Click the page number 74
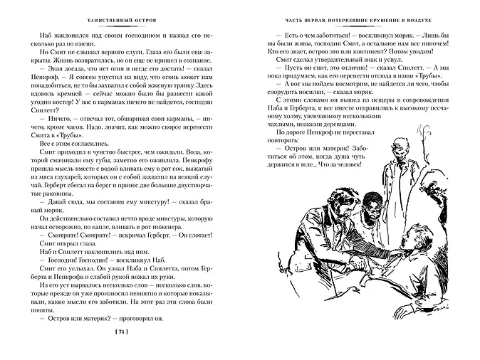(121, 332)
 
